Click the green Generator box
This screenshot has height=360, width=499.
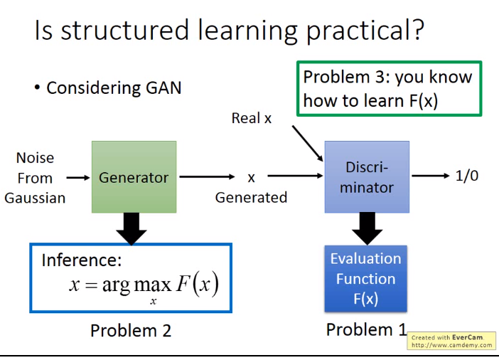pyautogui.click(x=134, y=177)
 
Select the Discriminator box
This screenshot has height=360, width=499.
pyautogui.click(x=367, y=177)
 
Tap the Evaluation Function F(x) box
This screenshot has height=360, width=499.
pyautogui.click(x=365, y=278)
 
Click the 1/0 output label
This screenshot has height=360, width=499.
pyautogui.click(x=467, y=176)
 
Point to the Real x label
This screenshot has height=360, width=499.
pyautogui.click(x=252, y=118)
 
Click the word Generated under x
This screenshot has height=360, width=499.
pyautogui.click(x=251, y=198)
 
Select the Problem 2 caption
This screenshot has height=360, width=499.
pyautogui.click(x=131, y=330)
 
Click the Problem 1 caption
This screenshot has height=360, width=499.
pyautogui.click(x=366, y=329)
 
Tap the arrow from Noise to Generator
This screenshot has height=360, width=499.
pyautogui.click(x=78, y=177)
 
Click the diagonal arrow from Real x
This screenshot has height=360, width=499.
pyautogui.click(x=308, y=144)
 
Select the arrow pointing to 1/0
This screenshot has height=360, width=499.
pyautogui.click(x=431, y=176)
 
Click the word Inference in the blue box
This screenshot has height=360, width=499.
pyautogui.click(x=82, y=260)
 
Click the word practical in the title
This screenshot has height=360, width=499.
pyautogui.click(x=365, y=31)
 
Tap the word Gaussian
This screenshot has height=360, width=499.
pyautogui.click(x=35, y=198)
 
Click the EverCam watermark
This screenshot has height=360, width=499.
pyautogui.click(x=451, y=341)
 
